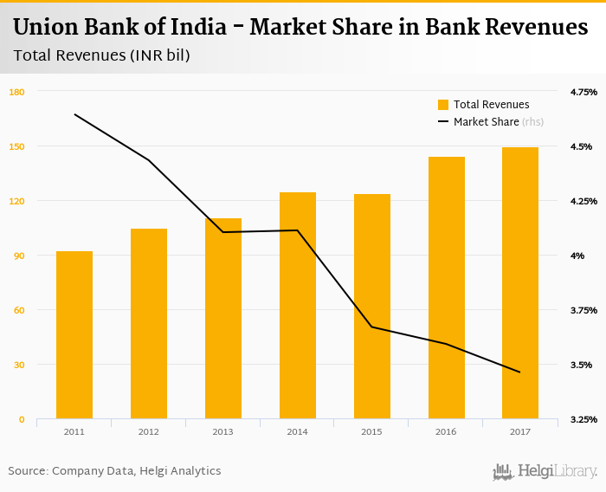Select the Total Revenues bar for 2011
tap(74, 335)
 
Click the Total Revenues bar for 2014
tap(298, 306)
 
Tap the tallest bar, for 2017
tap(520, 283)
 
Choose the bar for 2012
tap(149, 324)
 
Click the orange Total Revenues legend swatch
tap(443, 105)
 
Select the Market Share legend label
tap(487, 122)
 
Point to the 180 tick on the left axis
tap(16, 92)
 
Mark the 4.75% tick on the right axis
tap(583, 92)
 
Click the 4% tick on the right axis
tap(577, 256)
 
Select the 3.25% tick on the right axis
tap(583, 419)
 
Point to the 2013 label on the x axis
tap(223, 431)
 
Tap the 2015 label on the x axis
tap(372, 431)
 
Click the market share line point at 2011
tap(75, 114)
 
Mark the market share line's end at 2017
tap(520, 372)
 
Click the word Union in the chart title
tap(48, 29)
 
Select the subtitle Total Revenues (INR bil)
tap(101, 55)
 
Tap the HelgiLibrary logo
tap(545, 472)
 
